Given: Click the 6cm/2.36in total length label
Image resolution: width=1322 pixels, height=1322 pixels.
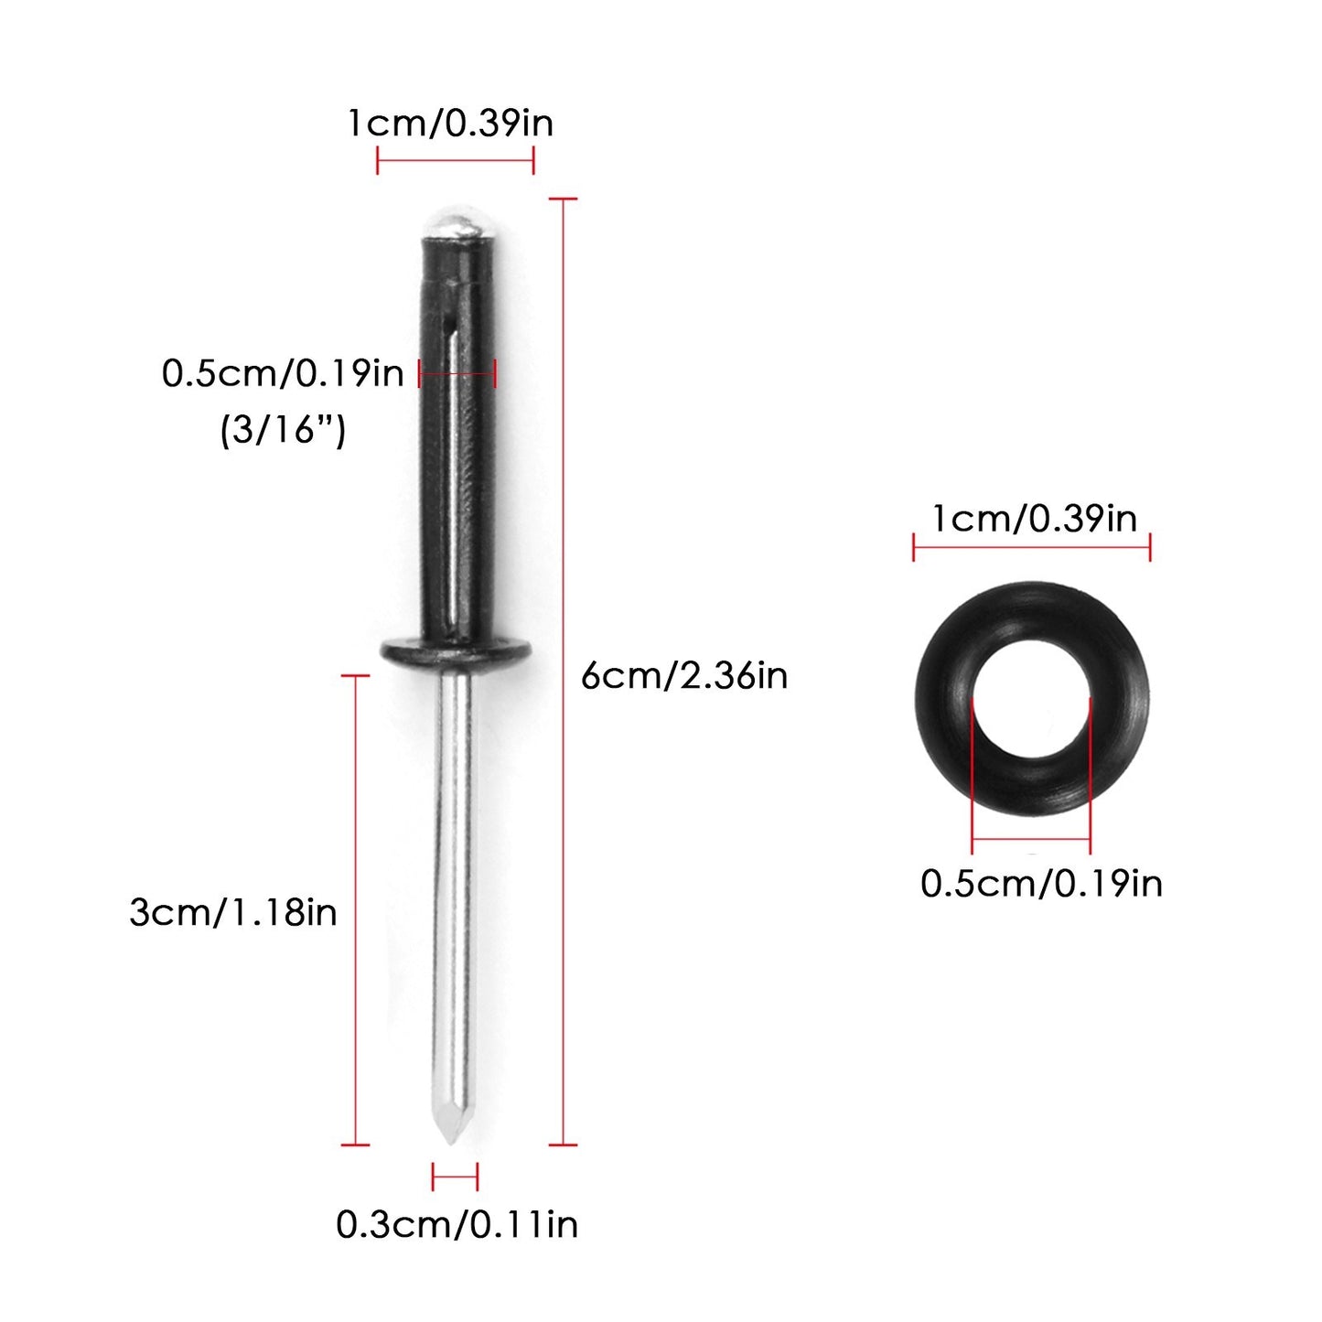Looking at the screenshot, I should click(684, 676).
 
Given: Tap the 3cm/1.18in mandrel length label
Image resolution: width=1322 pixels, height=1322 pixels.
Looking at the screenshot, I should click(233, 912).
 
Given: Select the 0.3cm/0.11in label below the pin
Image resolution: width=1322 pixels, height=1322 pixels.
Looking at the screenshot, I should click(457, 1224).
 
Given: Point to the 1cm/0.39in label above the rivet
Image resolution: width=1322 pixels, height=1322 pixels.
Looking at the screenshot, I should click(450, 123).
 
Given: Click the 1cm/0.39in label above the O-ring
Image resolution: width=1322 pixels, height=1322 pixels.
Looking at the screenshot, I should click(1034, 519).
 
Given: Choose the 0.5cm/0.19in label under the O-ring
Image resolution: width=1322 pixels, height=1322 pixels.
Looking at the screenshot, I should click(1041, 883).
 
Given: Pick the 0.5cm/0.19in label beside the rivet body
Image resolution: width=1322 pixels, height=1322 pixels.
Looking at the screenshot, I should click(283, 373).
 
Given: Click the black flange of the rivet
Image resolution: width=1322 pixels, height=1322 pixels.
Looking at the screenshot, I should click(456, 652).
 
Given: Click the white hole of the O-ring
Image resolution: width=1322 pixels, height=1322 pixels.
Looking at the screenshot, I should click(1032, 699).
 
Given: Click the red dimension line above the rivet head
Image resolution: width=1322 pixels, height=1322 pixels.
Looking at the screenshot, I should click(456, 161).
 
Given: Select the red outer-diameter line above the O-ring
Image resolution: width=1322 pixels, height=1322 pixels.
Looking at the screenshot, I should click(1032, 548).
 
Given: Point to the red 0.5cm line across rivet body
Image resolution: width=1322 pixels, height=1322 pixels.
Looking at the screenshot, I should click(457, 372).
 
